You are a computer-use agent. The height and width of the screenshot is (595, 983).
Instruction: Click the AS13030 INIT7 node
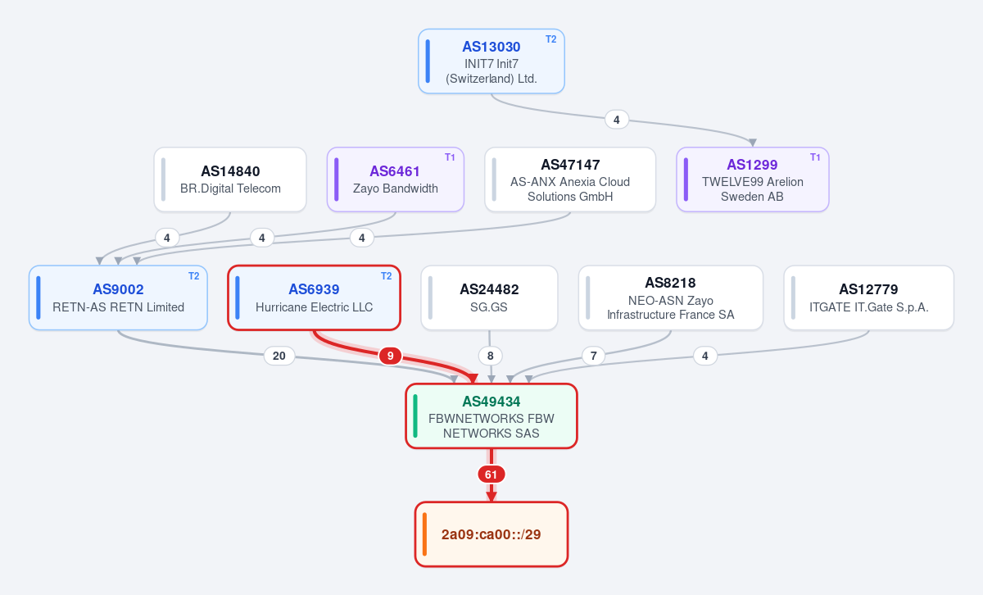[x=491, y=61]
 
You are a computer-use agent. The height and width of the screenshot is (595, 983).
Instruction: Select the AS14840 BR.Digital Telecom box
[x=230, y=179]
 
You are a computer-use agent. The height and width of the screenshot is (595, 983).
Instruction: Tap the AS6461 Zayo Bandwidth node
[x=396, y=179]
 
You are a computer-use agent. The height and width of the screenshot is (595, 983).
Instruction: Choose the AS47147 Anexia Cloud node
[x=570, y=179]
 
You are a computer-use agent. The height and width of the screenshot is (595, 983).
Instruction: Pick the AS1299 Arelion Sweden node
[x=753, y=179]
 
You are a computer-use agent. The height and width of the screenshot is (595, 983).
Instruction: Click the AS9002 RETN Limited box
[x=118, y=297]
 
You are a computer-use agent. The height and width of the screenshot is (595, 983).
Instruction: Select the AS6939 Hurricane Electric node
[x=315, y=297]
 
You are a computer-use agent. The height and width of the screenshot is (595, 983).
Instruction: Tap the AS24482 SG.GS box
[x=489, y=297]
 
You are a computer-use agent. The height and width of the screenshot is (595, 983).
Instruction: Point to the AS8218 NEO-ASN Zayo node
[x=671, y=297]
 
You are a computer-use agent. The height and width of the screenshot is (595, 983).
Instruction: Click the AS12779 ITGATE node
[x=869, y=297]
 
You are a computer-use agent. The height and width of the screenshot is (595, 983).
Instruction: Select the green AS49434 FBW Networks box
[x=491, y=416]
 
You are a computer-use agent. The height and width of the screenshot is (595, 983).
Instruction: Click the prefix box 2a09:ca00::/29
[x=491, y=534]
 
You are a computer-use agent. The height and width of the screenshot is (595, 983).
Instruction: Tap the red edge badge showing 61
[x=491, y=475]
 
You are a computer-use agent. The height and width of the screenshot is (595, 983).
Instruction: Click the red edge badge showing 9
[x=390, y=356]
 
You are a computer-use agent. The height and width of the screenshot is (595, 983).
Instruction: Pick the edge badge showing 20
[x=279, y=356]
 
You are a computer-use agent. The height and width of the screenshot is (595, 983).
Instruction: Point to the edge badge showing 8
[x=490, y=356]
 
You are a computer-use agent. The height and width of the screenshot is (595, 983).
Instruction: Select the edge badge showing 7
[x=593, y=356]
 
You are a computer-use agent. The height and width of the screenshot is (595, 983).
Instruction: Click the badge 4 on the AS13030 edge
[x=617, y=120]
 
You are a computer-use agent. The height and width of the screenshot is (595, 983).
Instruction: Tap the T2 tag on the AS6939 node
[x=386, y=275]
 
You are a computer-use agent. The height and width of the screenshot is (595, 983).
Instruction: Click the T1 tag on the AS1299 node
[x=815, y=157]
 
